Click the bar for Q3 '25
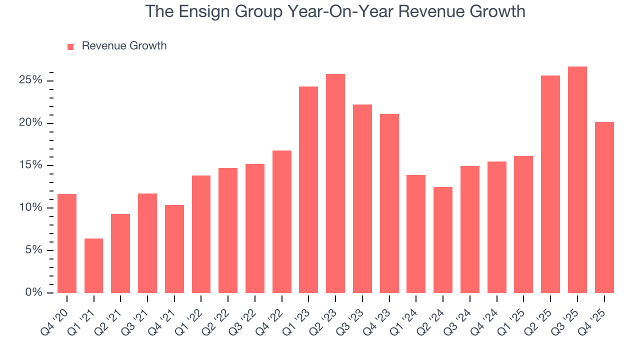click(577, 180)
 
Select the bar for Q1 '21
click(93, 265)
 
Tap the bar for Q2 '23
click(335, 183)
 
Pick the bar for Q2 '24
click(442, 240)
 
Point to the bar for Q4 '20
click(67, 243)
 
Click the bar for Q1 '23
click(308, 190)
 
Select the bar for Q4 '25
click(604, 207)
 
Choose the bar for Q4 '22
click(281, 221)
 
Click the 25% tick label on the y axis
click(31, 81)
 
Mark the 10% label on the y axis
click(31, 208)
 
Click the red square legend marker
click(70, 46)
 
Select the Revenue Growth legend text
click(124, 46)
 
